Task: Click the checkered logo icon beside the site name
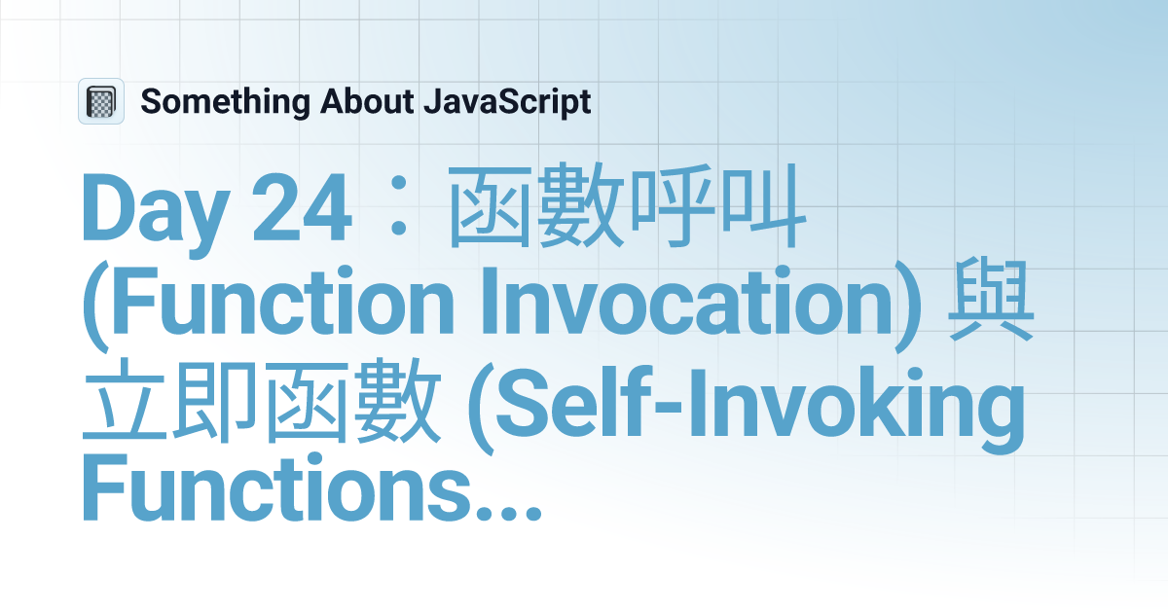tap(101, 101)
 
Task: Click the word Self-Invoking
tap(769, 409)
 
